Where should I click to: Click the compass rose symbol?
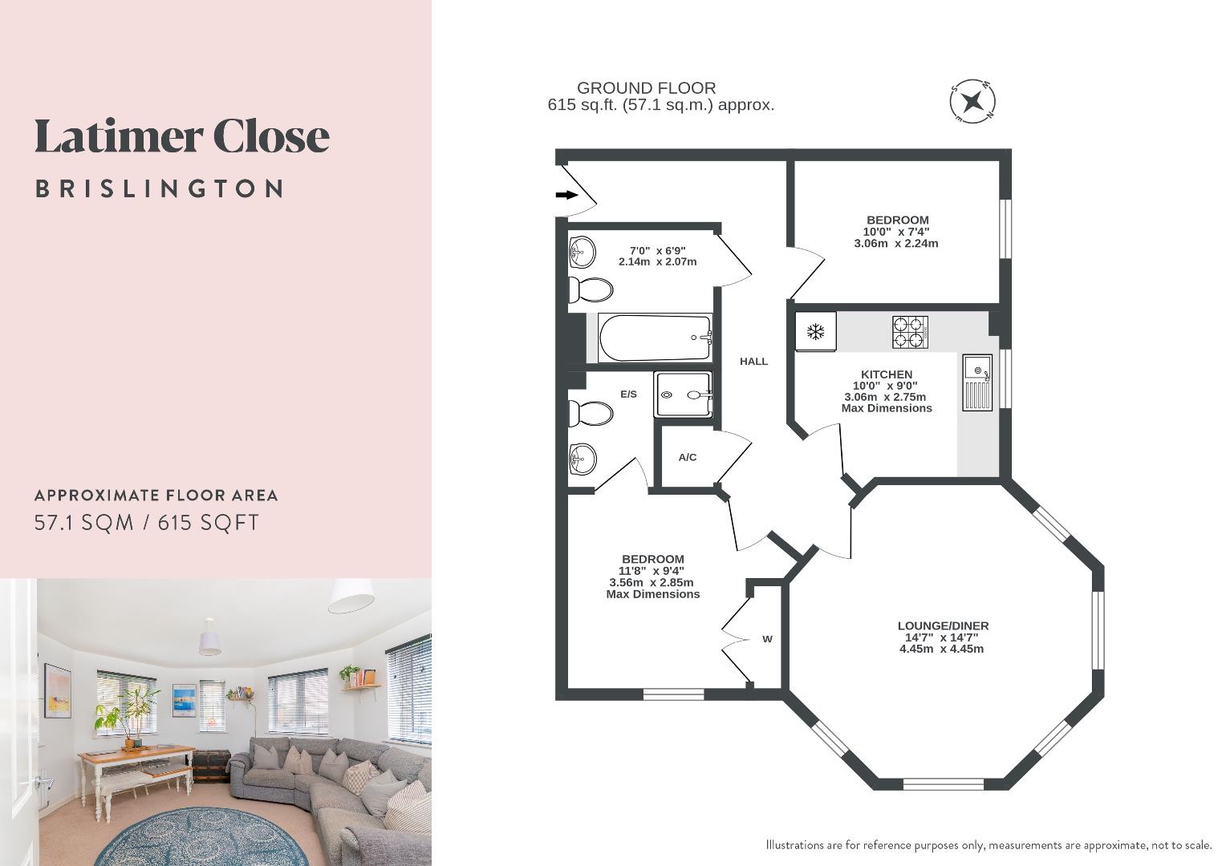[972, 102]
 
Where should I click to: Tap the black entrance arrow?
[567, 195]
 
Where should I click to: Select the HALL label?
[753, 362]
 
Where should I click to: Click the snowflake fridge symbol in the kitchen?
[815, 331]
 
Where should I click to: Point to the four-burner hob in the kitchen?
[910, 332]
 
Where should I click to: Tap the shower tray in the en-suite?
[683, 395]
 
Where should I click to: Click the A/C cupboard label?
[688, 458]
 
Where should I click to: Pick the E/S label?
[628, 395]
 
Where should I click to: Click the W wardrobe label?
[767, 639]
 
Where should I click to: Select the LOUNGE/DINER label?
[943, 625]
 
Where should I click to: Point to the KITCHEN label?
[887, 374]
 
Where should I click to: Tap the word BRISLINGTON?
[160, 189]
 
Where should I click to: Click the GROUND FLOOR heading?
[646, 88]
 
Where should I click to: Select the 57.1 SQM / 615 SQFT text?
[147, 523]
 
